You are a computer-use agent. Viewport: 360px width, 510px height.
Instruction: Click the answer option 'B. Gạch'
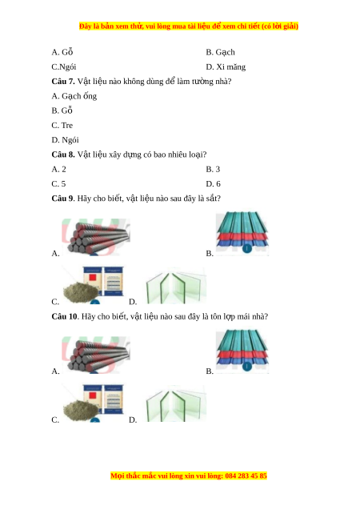point(220,52)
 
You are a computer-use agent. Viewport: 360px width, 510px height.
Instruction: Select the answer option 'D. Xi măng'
point(226,67)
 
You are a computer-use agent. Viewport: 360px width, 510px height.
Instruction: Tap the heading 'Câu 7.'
point(63,82)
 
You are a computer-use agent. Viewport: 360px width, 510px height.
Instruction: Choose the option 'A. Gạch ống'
point(74,96)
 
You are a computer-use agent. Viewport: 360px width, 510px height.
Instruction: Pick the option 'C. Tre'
point(62,125)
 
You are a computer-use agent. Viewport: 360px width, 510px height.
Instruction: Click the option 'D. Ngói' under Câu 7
point(65,140)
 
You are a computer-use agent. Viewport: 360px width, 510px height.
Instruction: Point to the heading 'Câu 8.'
point(63,155)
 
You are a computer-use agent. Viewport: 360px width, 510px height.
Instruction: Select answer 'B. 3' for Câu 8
point(213,169)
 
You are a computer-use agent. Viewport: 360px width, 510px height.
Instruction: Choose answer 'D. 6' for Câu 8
point(213,184)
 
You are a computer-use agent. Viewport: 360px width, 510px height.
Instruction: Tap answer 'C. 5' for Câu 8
point(59,184)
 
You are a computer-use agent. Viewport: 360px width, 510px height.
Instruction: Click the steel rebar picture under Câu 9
point(96,237)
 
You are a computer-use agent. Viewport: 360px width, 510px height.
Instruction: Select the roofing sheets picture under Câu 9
point(242,233)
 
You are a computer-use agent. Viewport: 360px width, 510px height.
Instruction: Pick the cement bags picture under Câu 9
point(94,285)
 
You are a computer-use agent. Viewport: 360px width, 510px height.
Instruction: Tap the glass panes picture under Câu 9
point(176,286)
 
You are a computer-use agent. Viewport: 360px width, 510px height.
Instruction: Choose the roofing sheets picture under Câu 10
point(242,351)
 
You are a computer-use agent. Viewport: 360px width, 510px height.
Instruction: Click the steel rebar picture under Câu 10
point(96,355)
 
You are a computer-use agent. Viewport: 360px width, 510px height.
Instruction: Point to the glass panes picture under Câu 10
point(176,404)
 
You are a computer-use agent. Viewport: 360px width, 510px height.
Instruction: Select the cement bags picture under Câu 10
point(94,404)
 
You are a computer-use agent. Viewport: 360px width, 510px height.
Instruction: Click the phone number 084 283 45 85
point(246,476)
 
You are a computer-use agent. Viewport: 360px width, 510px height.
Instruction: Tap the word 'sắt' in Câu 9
point(212,199)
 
